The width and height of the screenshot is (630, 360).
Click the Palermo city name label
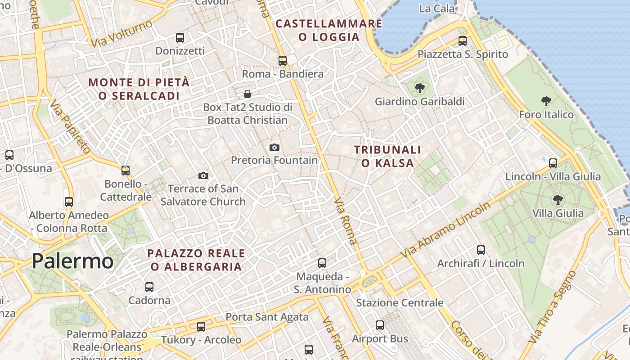tap(72, 261)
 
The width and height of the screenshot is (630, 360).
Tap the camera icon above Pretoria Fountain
tap(274, 147)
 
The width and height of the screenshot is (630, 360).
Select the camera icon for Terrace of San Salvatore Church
tap(203, 175)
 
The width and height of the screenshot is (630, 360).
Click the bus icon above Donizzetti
tap(180, 38)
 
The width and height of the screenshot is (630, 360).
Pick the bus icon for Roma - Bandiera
tap(283, 60)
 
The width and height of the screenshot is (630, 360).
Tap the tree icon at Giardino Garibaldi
tap(419, 88)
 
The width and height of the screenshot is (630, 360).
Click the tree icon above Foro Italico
tap(546, 101)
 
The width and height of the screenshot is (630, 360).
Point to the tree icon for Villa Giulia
tap(558, 199)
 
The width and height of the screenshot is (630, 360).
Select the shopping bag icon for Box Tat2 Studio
tap(247, 94)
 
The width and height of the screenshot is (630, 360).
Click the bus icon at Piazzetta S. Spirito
tap(463, 41)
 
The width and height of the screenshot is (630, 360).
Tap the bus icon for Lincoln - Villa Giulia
tap(553, 163)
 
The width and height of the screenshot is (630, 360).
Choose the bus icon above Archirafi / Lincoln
tap(481, 250)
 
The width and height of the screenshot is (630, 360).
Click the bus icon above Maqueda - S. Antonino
tap(322, 263)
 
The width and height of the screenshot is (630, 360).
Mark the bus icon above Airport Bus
tap(380, 325)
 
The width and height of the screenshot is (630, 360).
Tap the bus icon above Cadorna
tap(149, 287)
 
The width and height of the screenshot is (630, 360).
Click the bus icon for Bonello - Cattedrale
tap(126, 171)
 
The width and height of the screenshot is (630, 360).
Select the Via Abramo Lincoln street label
tap(445, 230)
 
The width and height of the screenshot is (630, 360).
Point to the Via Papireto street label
tap(70, 126)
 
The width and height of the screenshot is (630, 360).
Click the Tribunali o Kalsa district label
tap(387, 156)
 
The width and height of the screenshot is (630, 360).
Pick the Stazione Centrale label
tap(400, 303)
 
